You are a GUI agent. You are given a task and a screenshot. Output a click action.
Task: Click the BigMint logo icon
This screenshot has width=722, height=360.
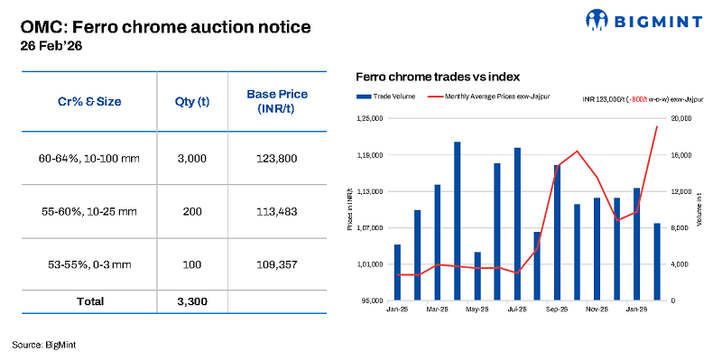599,19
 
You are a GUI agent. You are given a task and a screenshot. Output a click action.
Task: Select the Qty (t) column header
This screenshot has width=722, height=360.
191,102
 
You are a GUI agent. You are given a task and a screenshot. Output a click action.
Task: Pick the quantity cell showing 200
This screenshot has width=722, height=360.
191,212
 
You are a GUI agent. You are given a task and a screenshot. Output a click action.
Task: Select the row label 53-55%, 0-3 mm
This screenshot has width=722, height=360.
85,264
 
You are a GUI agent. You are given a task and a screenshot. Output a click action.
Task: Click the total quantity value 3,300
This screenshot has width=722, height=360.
191,301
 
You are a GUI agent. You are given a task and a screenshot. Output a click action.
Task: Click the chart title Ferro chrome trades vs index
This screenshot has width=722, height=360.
438,78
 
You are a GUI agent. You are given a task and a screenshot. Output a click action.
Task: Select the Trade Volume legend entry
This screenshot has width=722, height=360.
388,97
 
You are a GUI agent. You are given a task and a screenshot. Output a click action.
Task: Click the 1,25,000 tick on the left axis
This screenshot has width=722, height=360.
371,118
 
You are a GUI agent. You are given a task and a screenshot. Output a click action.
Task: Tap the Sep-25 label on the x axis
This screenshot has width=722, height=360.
556,309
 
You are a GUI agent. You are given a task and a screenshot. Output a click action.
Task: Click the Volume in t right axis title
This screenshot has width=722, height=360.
699,209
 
